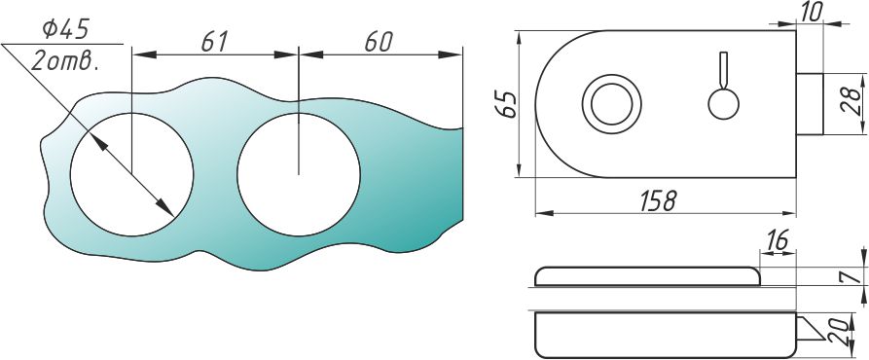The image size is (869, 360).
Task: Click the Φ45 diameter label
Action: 66,29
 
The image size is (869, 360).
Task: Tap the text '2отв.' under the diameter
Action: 65,59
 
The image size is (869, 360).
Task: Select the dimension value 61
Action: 214,42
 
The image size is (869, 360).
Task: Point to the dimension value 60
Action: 379,42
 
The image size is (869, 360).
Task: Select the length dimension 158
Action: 659,201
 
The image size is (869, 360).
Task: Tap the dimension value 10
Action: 812,13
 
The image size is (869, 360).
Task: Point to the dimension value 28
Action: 853,103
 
